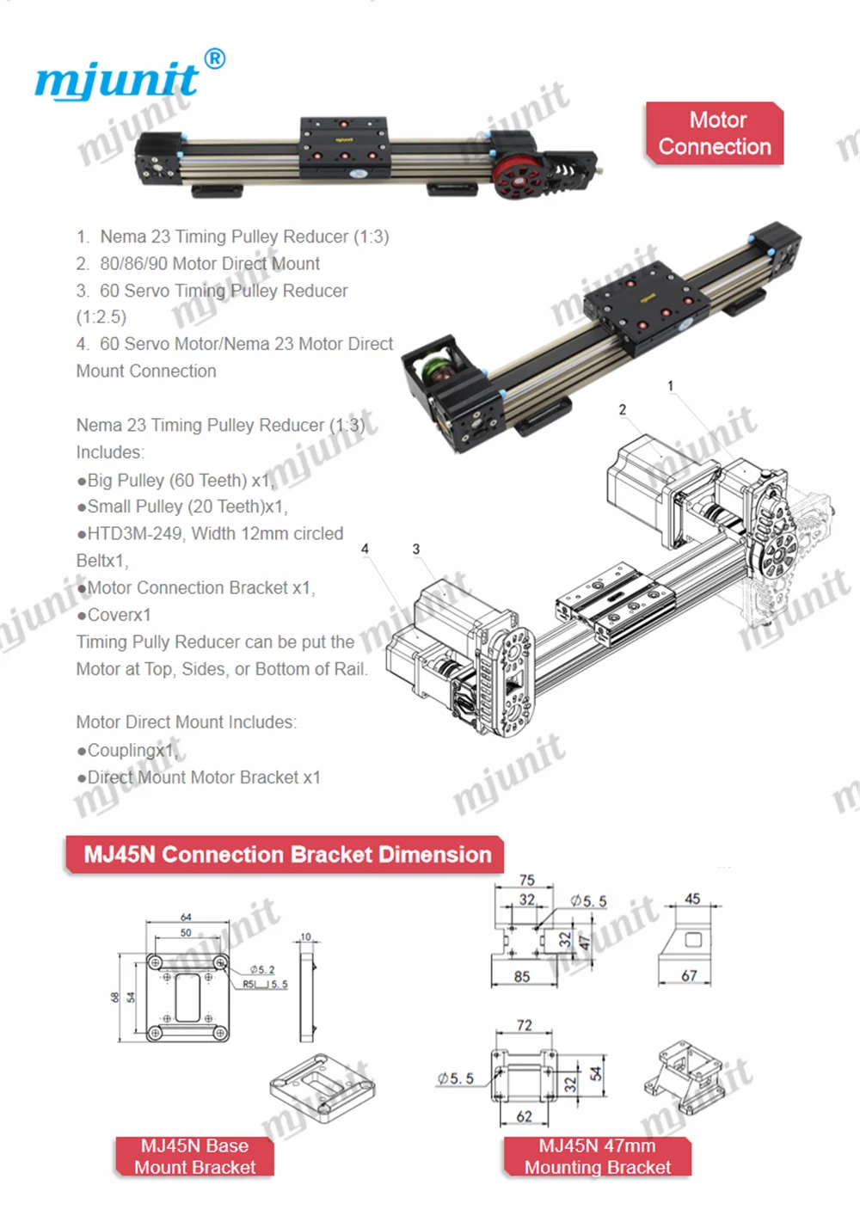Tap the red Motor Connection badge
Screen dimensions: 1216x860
715,133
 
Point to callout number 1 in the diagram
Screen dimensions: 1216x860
671,386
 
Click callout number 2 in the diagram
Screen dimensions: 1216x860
623,409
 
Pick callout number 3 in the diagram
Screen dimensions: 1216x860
416,549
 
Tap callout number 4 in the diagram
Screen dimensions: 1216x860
365,549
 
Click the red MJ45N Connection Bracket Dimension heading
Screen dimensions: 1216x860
286,855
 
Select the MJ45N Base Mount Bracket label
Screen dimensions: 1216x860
195,1156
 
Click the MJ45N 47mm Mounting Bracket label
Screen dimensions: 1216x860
598,1156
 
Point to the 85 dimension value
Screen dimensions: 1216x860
522,976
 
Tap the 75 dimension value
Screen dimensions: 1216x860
527,880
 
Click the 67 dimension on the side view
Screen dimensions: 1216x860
689,976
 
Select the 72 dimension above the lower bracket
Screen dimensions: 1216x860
525,1025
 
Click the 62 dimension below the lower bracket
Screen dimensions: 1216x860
525,1116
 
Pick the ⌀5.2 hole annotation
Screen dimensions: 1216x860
262,969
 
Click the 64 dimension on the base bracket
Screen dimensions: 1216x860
186,918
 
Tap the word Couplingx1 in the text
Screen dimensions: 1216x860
131,750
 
